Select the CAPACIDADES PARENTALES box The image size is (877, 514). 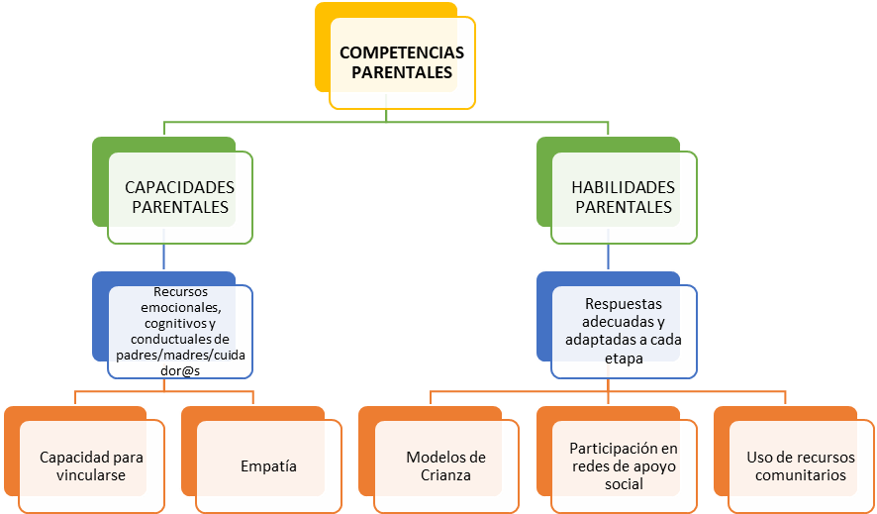[179, 197]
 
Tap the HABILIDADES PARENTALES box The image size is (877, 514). [624, 197]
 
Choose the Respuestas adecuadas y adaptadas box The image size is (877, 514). [624, 331]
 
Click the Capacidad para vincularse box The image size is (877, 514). [91, 465]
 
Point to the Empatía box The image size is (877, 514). [268, 465]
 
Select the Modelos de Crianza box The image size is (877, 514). [445, 465]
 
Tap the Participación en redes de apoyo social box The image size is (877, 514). [624, 465]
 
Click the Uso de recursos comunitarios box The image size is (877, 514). [801, 465]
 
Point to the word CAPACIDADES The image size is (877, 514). [179, 187]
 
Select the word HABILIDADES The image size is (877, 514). [624, 187]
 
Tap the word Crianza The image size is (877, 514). [445, 475]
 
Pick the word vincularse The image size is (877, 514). [91, 475]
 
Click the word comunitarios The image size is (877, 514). [801, 475]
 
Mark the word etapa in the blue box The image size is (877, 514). [624, 359]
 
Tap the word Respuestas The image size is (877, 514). [624, 304]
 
